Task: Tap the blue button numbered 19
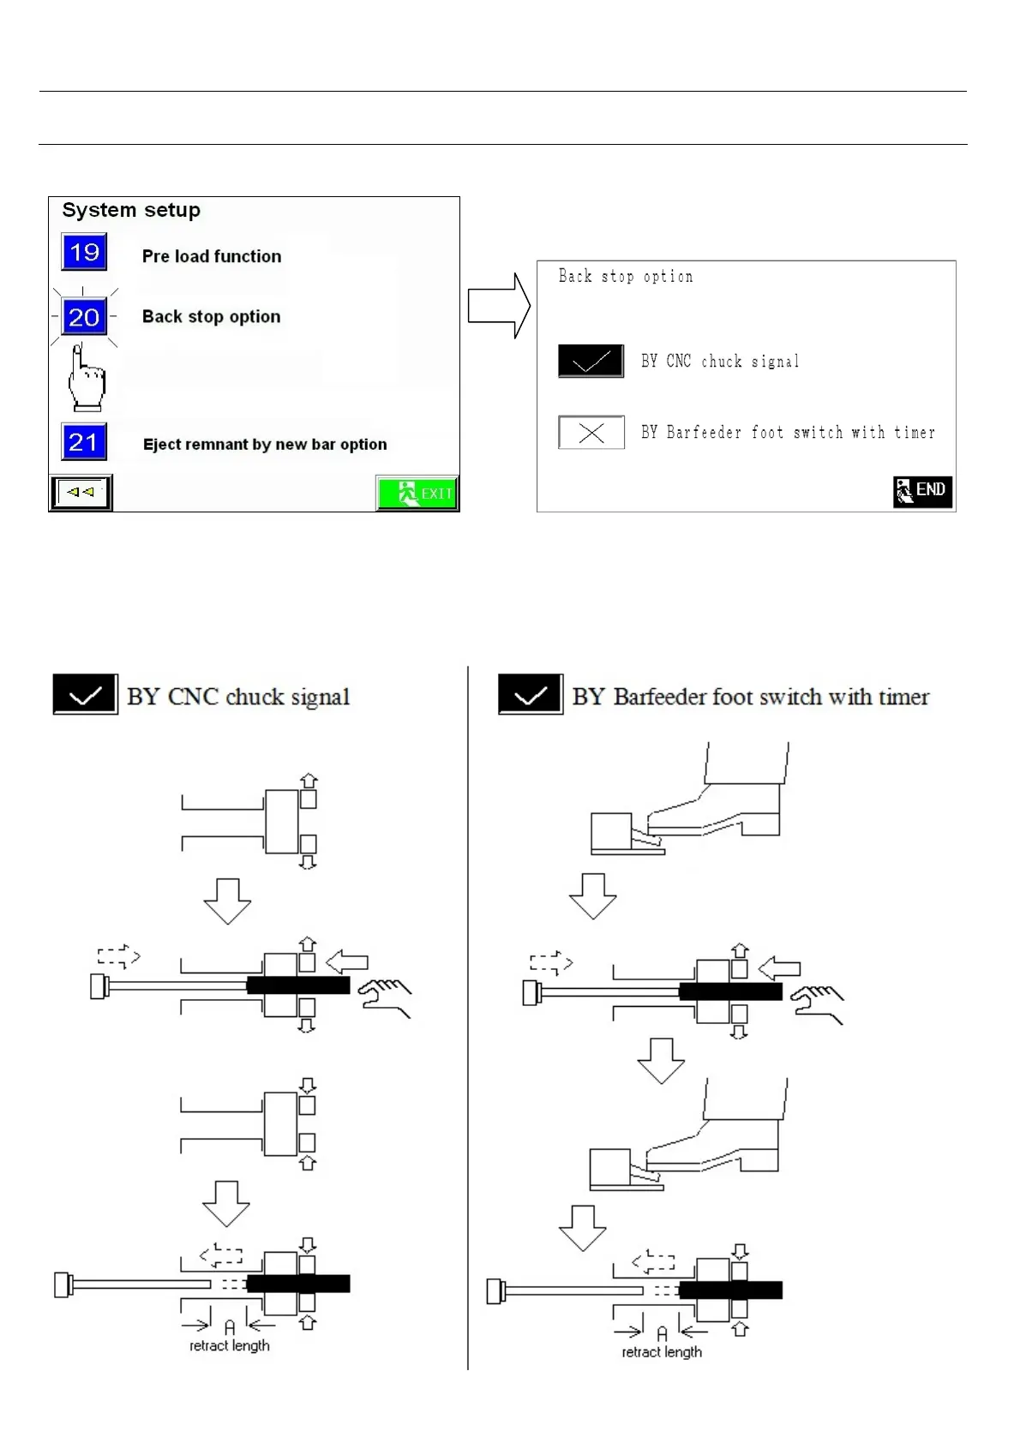(84, 252)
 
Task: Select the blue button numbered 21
(84, 442)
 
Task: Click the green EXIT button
(417, 494)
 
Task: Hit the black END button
(922, 491)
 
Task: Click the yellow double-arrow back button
(81, 493)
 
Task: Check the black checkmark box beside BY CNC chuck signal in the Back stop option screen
(591, 362)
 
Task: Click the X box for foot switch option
(591, 433)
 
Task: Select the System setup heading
(131, 210)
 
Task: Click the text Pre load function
(212, 256)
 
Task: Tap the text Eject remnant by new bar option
(265, 444)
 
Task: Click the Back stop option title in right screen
(626, 276)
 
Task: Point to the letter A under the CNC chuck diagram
(230, 1327)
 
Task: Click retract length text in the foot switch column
(662, 1351)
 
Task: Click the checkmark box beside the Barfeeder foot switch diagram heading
(531, 695)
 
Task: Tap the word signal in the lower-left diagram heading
(320, 698)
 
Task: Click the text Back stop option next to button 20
(211, 316)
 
